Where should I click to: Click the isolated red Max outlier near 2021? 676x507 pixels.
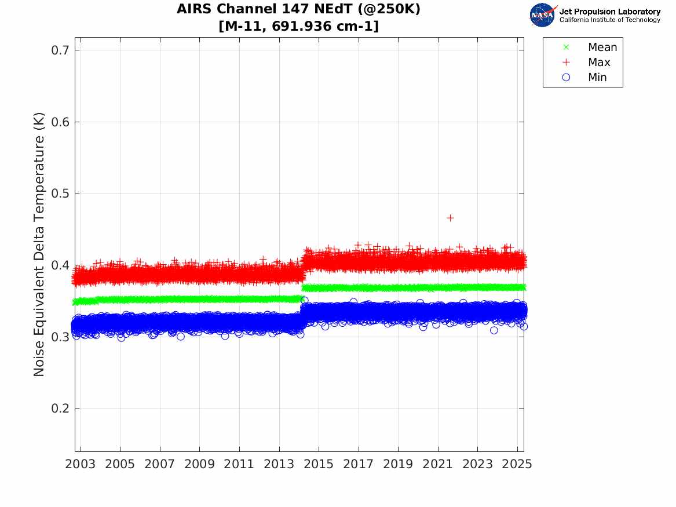[x=450, y=218]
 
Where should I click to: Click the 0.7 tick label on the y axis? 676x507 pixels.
[x=57, y=50]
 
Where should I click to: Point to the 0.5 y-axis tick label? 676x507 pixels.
[x=57, y=194]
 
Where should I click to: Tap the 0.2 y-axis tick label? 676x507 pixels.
[x=57, y=408]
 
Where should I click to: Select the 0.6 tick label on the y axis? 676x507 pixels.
[x=57, y=122]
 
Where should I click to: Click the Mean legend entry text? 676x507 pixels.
[x=602, y=48]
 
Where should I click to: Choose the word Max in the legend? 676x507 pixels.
[x=599, y=63]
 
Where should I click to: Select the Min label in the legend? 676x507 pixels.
[x=597, y=78]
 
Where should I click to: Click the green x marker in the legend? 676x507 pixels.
[x=566, y=48]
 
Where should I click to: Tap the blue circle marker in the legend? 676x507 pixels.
[x=566, y=78]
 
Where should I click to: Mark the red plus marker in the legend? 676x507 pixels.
[x=566, y=63]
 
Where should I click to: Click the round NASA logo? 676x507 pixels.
[x=542, y=15]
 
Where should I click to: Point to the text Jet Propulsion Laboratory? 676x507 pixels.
[x=609, y=12]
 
